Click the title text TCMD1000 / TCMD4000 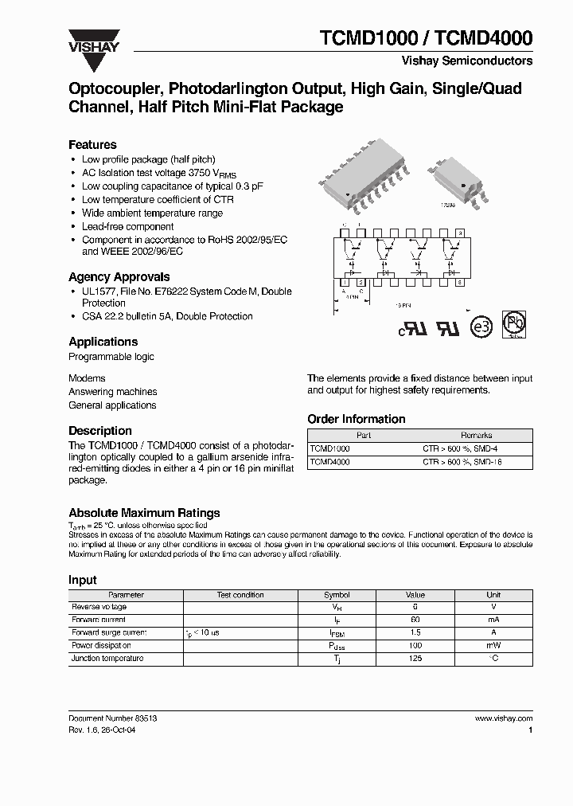[x=426, y=37]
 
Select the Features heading [x=92, y=145]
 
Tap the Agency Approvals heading [x=119, y=277]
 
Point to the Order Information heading [x=356, y=419]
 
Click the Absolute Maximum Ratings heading [x=144, y=513]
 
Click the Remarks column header [x=476, y=436]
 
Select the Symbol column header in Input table [x=337, y=595]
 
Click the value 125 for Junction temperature [x=415, y=659]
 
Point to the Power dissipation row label [x=101, y=646]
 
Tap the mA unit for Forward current [x=493, y=620]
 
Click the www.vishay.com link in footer [x=503, y=718]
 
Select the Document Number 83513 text [x=112, y=718]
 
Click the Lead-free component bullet [x=127, y=227]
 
